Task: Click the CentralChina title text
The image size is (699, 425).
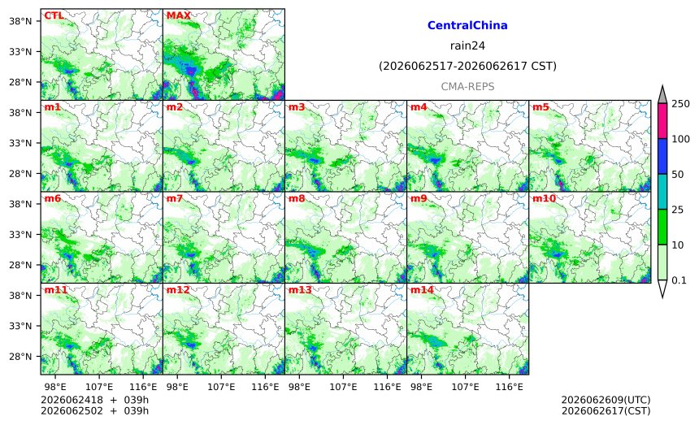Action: pos(467,25)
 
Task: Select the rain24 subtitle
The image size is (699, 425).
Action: pos(467,46)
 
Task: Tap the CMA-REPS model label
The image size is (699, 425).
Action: pos(467,86)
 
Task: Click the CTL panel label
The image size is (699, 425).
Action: pos(54,15)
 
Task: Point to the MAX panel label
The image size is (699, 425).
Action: pos(178,15)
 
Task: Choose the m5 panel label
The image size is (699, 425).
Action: pos(541,107)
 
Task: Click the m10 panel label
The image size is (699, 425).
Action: pos(544,198)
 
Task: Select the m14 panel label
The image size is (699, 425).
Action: pos(422,290)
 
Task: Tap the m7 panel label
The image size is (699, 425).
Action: pos(175,198)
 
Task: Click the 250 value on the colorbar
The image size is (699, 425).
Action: pos(681,104)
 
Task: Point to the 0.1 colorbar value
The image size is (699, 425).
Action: pos(679,280)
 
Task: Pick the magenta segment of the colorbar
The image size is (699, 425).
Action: pos(662,121)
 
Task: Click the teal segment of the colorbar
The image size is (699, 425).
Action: pos(662,192)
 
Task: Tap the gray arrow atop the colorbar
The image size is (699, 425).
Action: pos(662,95)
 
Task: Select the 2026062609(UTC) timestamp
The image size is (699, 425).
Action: pos(606,400)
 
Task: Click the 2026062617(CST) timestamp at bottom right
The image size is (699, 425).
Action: pos(606,410)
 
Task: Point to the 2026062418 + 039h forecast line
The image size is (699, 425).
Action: pos(94,400)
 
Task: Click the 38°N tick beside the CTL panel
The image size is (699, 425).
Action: pos(20,21)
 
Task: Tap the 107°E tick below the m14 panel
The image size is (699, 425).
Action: pos(466,387)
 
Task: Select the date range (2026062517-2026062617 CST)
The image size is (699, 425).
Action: pos(467,66)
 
